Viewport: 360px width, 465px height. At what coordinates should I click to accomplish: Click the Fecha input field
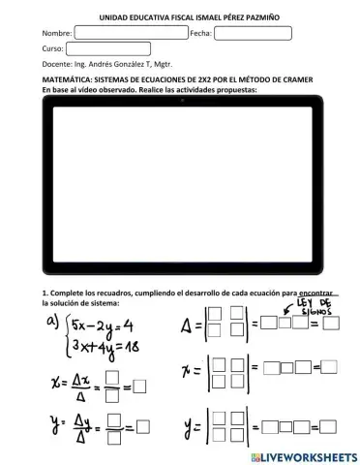point(253,33)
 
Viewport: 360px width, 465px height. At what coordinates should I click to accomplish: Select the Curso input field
point(108,48)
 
